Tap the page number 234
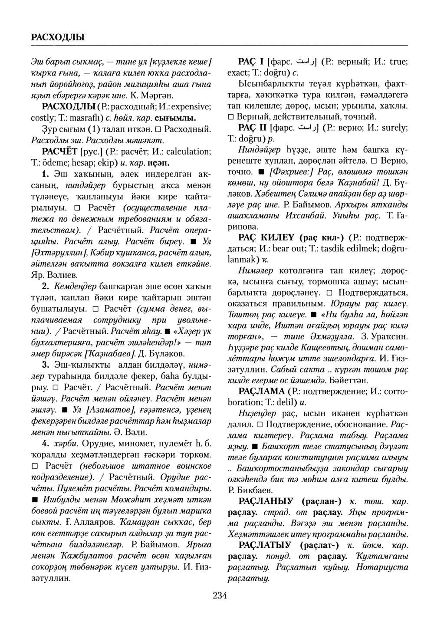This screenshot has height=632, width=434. click(220, 595)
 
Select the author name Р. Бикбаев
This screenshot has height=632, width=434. click(249, 490)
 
